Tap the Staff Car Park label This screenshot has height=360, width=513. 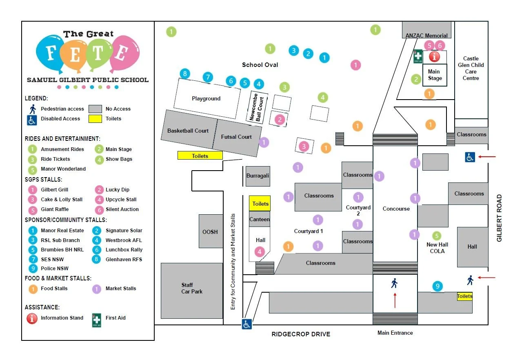(192, 288)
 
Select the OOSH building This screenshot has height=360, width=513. (210, 231)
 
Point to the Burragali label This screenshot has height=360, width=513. (258, 176)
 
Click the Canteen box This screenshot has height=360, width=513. (260, 219)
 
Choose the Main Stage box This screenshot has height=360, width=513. (435, 75)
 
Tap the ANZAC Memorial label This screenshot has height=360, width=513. (426, 36)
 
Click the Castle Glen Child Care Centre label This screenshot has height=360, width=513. (471, 68)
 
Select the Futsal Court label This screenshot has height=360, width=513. (236, 137)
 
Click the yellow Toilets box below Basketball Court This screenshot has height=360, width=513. (200, 156)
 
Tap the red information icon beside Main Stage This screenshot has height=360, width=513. (434, 57)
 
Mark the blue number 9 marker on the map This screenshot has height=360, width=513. (437, 287)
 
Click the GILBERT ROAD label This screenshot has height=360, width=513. (499, 218)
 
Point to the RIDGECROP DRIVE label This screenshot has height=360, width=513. (301, 334)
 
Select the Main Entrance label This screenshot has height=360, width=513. (395, 333)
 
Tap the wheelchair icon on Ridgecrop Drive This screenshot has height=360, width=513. (247, 324)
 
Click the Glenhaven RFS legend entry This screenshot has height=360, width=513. (123, 259)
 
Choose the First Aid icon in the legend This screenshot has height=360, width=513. (97, 320)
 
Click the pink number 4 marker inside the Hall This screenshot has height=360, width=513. (260, 252)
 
